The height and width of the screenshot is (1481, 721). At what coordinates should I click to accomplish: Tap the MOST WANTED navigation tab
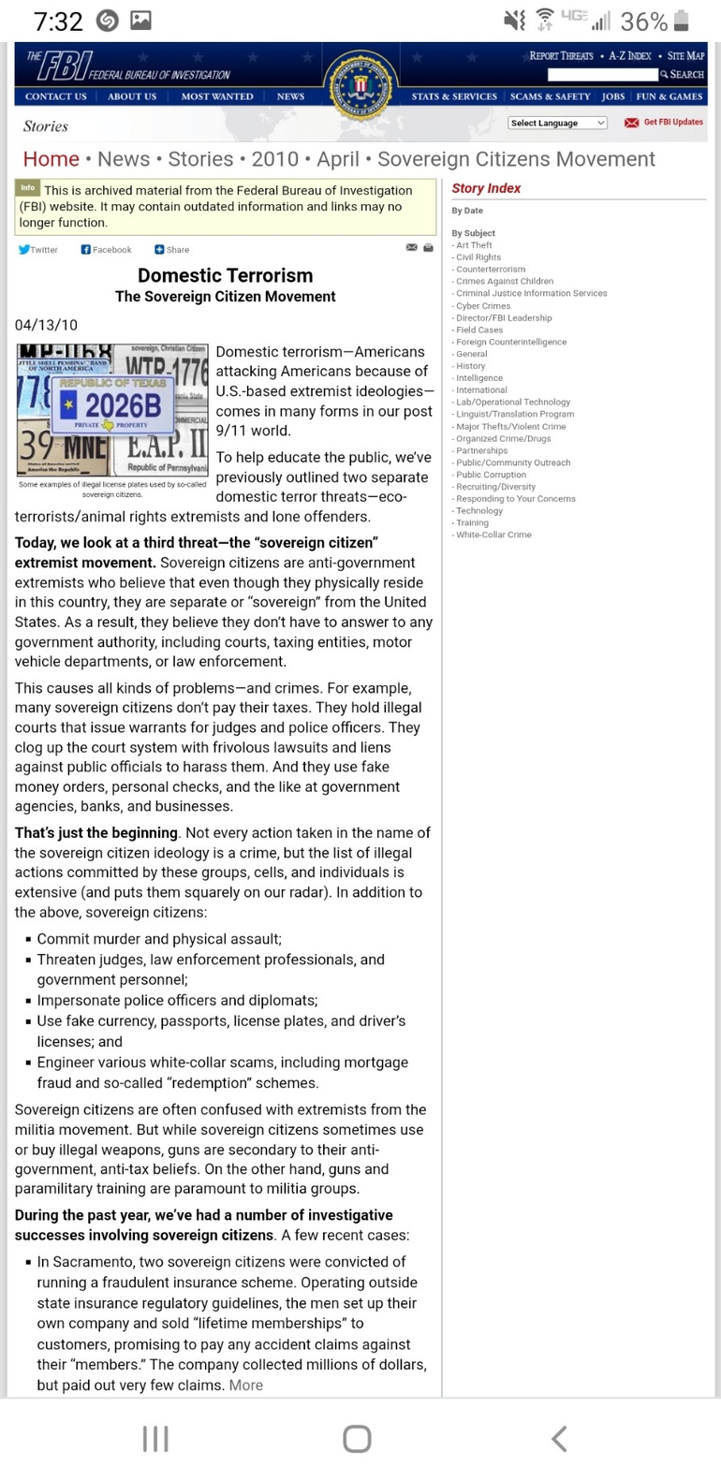pos(216,96)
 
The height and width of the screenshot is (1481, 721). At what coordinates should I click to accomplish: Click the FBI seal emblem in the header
pos(360,86)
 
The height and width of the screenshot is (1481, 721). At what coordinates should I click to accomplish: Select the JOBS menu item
pos(613,96)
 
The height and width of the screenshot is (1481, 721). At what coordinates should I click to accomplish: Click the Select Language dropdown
pos(557,123)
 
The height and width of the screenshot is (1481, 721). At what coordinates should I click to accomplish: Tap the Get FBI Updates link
pos(664,123)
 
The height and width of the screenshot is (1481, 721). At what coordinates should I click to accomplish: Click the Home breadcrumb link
pos(51,159)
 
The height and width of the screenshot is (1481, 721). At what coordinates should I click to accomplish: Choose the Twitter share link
pos(38,250)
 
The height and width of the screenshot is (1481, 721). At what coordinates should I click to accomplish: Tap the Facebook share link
pos(106,250)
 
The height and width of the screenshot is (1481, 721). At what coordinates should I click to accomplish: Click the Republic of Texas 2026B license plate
pos(110,405)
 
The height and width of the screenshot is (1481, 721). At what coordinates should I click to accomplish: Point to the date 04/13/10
pos(46,325)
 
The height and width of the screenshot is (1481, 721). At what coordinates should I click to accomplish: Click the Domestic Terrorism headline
pos(225,275)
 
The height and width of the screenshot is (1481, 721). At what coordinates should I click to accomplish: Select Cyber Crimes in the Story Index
pos(482,306)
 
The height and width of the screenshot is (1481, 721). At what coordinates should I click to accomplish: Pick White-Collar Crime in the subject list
pos(493,535)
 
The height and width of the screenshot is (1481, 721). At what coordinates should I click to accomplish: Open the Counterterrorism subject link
pos(491,270)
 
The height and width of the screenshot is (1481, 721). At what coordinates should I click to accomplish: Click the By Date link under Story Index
pos(467,211)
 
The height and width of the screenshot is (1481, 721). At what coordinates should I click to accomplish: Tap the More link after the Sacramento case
pos(246,1386)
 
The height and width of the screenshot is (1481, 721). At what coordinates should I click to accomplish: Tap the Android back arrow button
pos(559,1439)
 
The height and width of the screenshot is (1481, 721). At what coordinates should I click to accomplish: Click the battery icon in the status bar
pos(682,21)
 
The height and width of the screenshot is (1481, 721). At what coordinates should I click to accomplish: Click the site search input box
pos(602,75)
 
